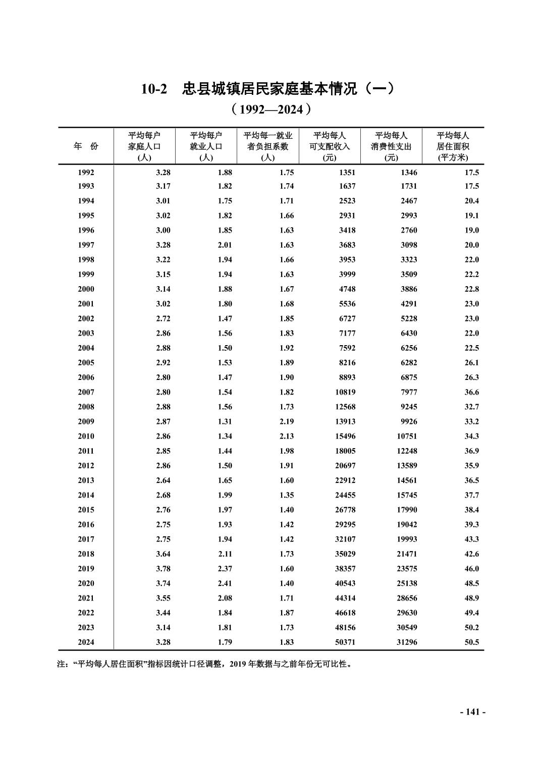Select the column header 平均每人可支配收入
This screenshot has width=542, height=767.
(330, 146)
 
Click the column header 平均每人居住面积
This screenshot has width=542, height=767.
(453, 146)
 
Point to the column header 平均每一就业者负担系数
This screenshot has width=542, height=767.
(267, 146)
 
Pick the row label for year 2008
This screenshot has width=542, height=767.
(86, 407)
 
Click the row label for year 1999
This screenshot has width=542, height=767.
(86, 275)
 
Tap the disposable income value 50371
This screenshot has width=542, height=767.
(345, 642)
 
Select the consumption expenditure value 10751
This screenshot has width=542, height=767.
(407, 436)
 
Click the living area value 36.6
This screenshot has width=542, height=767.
(471, 392)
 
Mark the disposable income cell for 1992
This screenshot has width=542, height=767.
(347, 173)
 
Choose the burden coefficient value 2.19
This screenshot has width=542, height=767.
(286, 422)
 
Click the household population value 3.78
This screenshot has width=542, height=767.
(163, 569)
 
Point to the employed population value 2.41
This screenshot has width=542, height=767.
(225, 583)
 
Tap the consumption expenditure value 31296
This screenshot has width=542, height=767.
(407, 642)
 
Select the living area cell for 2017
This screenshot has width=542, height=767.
(471, 539)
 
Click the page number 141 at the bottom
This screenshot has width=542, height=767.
(473, 712)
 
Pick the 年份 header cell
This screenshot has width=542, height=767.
(86, 146)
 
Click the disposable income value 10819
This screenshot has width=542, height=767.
(345, 392)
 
